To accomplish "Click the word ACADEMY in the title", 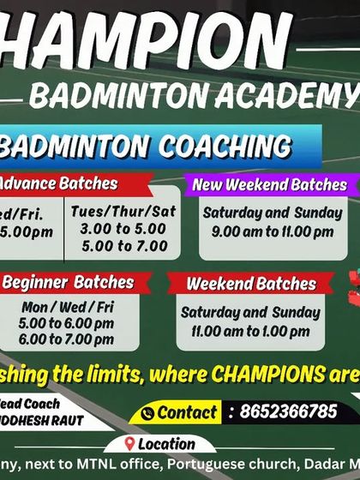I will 291,95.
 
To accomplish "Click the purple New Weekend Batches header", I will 269,184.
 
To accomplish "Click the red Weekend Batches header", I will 239,283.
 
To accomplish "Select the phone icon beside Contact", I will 147,412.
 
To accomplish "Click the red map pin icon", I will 129,444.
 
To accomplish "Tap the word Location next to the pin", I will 166,445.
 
